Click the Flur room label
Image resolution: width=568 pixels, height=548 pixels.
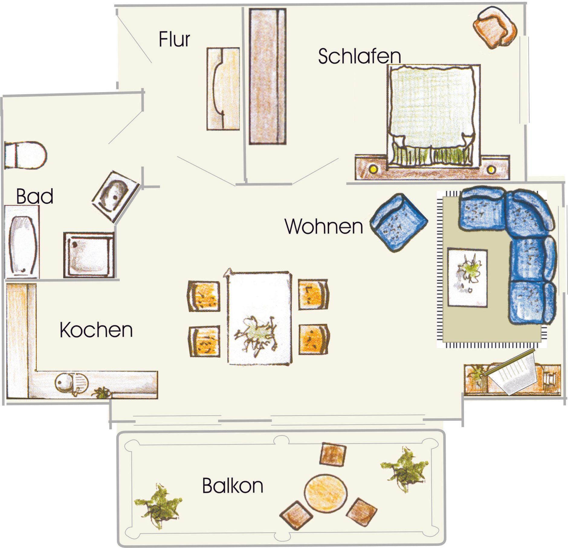[174, 39]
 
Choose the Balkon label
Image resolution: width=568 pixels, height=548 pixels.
[233, 485]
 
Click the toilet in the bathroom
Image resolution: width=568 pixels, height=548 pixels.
[25, 155]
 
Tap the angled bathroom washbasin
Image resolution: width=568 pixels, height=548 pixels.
[116, 197]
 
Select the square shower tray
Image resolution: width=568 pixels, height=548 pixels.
[89, 255]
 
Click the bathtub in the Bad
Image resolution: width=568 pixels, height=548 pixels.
[22, 242]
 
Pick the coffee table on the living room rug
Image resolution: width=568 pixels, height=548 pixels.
[467, 277]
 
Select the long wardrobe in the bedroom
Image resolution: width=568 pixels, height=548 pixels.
[268, 76]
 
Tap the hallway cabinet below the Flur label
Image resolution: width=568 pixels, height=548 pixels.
[223, 89]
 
